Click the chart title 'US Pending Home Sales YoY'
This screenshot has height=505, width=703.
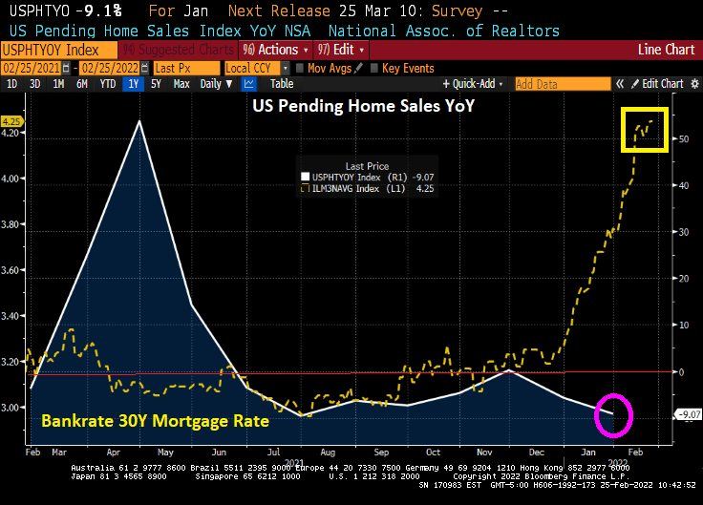363,105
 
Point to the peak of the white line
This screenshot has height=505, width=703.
141,121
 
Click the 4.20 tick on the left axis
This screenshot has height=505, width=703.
13,134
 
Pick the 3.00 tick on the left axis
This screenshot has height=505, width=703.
13,407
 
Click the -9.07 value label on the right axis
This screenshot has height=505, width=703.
688,413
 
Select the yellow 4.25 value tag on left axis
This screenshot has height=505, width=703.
12,122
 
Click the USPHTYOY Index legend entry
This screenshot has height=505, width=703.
346,176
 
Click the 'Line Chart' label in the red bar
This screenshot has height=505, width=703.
666,50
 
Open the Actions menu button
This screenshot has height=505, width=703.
274,50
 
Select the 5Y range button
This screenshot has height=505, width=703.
156,84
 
